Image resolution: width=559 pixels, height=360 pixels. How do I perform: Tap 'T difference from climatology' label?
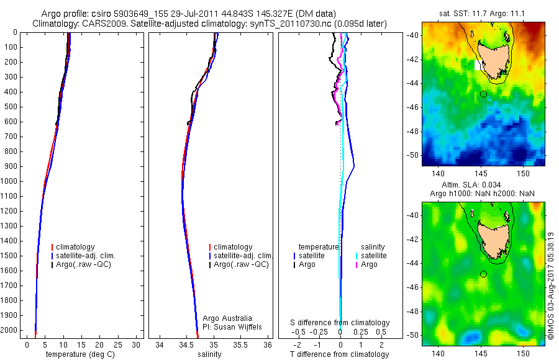click(x=340, y=355)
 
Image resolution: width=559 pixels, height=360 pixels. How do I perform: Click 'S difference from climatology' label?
click(x=340, y=323)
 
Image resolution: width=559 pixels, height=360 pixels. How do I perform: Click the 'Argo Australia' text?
click(x=227, y=318)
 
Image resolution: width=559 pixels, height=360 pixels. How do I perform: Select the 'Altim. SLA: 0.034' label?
click(x=483, y=185)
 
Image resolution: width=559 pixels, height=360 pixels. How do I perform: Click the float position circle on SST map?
click(x=483, y=94)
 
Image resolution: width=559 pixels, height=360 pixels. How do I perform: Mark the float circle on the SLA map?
click(x=483, y=274)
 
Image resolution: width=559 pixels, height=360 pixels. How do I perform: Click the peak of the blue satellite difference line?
click(x=354, y=166)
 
